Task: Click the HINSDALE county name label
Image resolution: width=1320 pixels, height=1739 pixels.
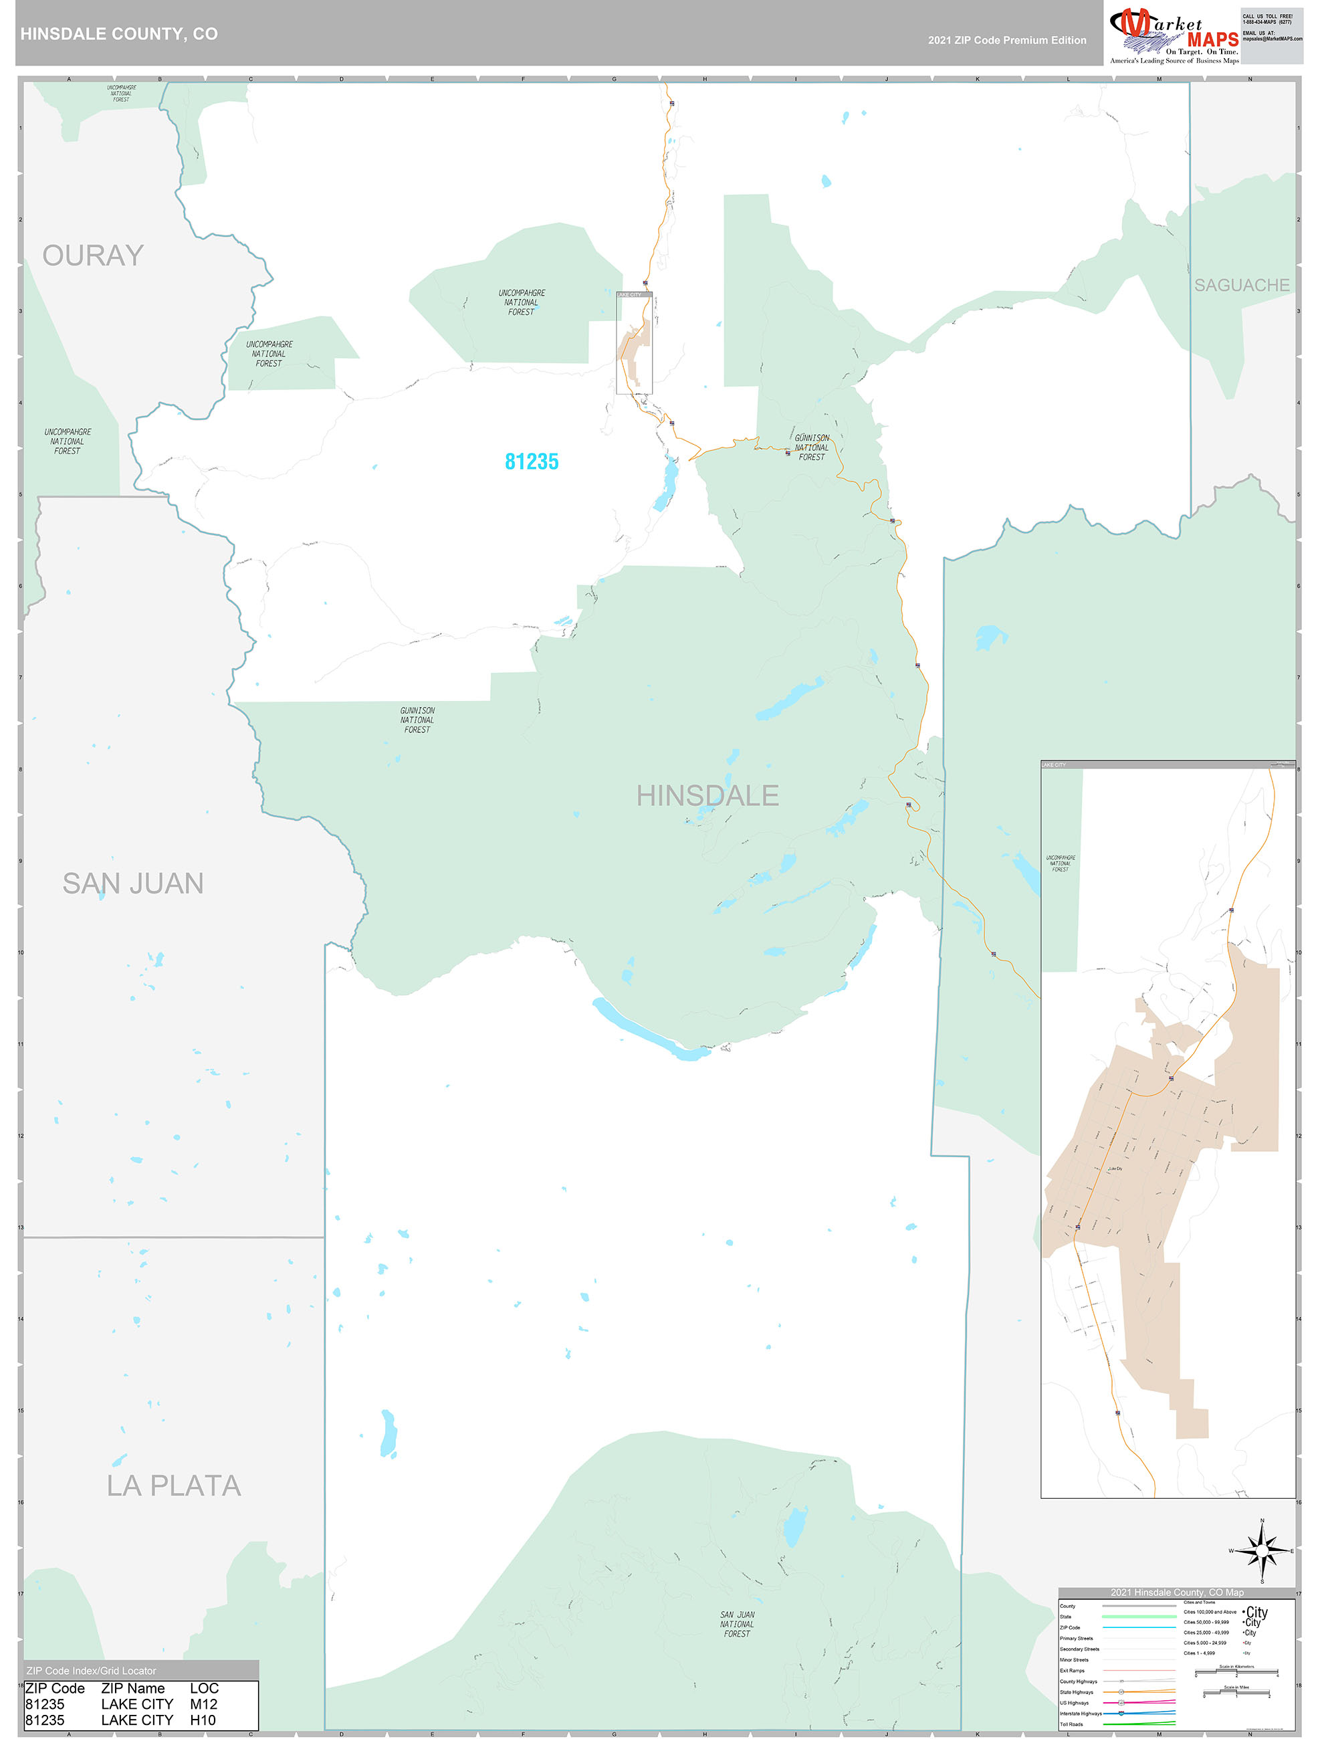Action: click(707, 796)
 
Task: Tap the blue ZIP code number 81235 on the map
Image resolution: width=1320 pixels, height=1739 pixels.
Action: click(532, 462)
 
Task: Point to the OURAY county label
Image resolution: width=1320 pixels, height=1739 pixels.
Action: click(93, 255)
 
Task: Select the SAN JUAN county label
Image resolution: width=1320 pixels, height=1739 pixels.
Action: click(133, 884)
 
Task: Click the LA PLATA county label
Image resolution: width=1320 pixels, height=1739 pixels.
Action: click(174, 1486)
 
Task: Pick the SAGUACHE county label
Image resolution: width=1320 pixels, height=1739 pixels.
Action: click(1241, 286)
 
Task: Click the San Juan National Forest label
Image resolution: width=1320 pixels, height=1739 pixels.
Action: click(737, 1624)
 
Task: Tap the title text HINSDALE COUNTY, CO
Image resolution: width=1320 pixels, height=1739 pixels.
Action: click(120, 34)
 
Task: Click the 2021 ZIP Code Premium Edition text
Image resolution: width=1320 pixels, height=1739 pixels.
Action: click(1006, 40)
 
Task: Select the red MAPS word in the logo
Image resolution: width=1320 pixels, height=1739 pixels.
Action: click(1212, 39)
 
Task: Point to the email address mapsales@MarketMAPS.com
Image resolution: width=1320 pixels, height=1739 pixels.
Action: click(1272, 39)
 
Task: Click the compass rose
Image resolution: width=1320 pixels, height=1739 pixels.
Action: click(1262, 1551)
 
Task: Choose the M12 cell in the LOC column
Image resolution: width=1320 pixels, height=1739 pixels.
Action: click(204, 1704)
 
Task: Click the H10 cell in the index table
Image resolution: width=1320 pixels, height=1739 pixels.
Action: click(203, 1720)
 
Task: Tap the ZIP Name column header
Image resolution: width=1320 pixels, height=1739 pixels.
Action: click(133, 1688)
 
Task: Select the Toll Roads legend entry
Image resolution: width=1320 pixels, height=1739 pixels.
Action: click(1071, 1724)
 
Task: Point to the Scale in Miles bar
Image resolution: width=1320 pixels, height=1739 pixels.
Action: click(1236, 1693)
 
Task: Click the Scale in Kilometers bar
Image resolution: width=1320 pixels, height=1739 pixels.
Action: click(1236, 1672)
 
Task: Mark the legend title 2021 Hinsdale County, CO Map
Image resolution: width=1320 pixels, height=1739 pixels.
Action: click(1176, 1592)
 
